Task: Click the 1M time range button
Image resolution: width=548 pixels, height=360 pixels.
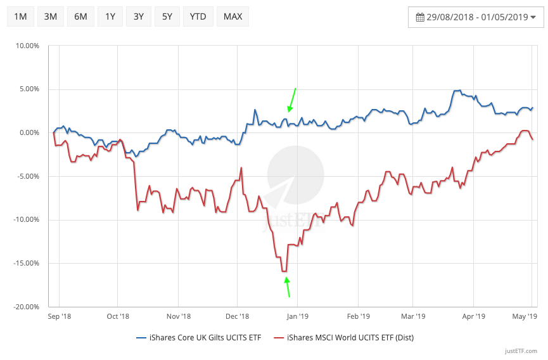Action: click(x=20, y=16)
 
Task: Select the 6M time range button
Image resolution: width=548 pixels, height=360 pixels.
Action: click(x=80, y=16)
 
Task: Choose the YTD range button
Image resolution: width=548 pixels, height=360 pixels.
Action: click(x=198, y=16)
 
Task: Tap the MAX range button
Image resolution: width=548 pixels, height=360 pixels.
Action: click(x=233, y=16)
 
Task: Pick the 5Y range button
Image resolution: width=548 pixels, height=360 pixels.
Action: click(x=167, y=16)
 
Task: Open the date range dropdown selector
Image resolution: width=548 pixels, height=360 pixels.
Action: click(x=475, y=17)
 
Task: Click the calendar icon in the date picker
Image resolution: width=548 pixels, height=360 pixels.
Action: click(x=419, y=17)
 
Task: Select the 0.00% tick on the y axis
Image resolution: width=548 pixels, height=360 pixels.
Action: click(x=29, y=132)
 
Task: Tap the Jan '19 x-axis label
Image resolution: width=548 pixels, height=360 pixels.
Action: click(x=298, y=316)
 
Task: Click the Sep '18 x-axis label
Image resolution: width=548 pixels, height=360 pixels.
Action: click(x=60, y=316)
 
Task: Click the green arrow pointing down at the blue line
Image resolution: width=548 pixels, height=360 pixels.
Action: click(x=291, y=100)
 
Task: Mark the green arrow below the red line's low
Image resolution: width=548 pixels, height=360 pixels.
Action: click(x=288, y=287)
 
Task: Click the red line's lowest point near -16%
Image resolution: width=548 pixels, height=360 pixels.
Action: click(x=284, y=271)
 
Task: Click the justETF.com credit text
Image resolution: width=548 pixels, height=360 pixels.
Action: click(x=522, y=351)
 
